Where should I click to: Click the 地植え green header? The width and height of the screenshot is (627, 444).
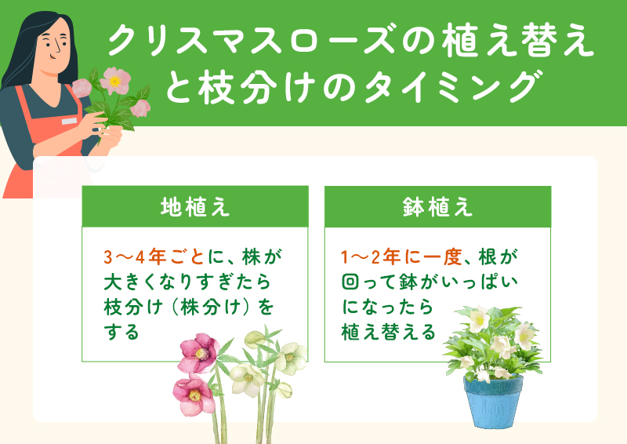click(x=194, y=207)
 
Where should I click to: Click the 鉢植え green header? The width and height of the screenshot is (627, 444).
click(x=437, y=207)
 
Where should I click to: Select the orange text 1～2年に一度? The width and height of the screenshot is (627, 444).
click(x=399, y=257)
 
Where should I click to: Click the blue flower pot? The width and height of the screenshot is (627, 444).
click(x=493, y=401)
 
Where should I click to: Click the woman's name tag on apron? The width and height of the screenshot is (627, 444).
click(x=70, y=122)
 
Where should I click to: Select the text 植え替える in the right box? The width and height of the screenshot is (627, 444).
click(x=388, y=332)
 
